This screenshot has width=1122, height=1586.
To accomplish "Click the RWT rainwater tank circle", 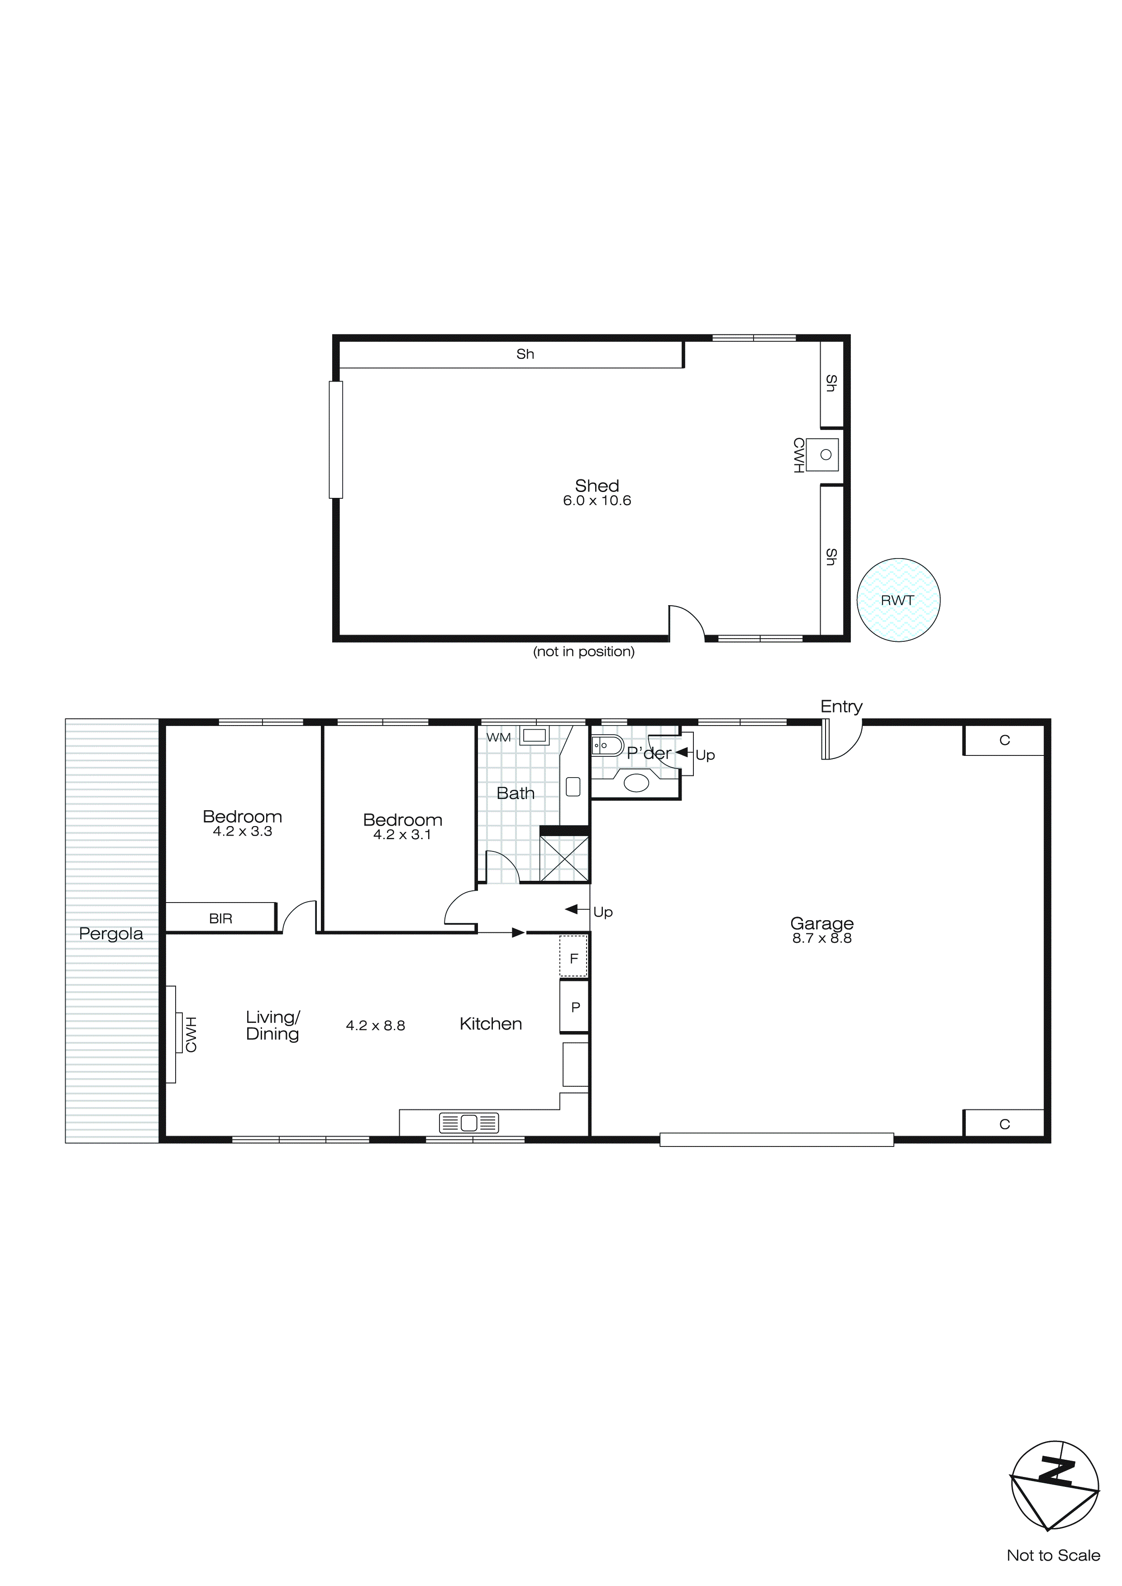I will pyautogui.click(x=898, y=600).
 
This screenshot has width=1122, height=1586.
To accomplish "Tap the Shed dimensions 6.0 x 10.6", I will pyautogui.click(x=597, y=501).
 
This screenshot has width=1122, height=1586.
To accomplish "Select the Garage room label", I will pyautogui.click(x=821, y=923).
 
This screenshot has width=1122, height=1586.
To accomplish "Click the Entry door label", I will pyautogui.click(x=841, y=706).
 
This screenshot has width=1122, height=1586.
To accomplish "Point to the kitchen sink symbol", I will pyautogui.click(x=469, y=1123).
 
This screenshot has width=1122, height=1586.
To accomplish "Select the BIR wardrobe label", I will pyautogui.click(x=220, y=919).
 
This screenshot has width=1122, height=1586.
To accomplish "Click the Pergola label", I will pyautogui.click(x=110, y=934).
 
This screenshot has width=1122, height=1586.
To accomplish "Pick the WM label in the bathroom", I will pyautogui.click(x=498, y=738).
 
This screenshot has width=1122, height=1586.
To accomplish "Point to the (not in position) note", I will pyautogui.click(x=583, y=651).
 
